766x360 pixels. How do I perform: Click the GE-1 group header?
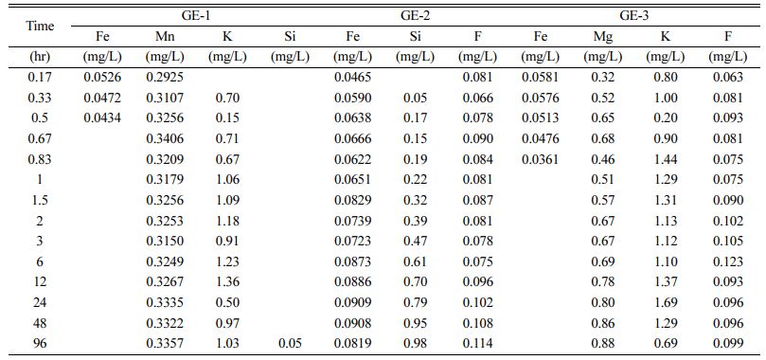(196, 16)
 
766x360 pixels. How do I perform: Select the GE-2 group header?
(415, 16)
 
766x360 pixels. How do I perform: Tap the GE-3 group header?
(633, 16)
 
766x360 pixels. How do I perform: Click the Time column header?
(40, 27)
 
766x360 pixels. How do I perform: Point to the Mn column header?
(165, 37)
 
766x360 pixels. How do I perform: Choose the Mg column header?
(602, 37)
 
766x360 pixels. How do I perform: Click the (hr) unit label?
(40, 57)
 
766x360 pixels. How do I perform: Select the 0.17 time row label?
(40, 77)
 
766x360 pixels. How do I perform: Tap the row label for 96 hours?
(40, 343)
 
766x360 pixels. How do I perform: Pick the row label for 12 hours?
(40, 282)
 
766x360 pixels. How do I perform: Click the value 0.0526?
(102, 77)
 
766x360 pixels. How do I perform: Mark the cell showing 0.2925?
(165, 77)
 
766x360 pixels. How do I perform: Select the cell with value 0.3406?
(165, 138)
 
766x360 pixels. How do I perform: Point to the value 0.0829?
(352, 200)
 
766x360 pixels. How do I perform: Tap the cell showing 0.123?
(727, 261)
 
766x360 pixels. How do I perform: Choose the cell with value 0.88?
(602, 343)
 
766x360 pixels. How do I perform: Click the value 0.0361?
(540, 159)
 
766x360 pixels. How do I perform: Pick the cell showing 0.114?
(477, 343)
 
